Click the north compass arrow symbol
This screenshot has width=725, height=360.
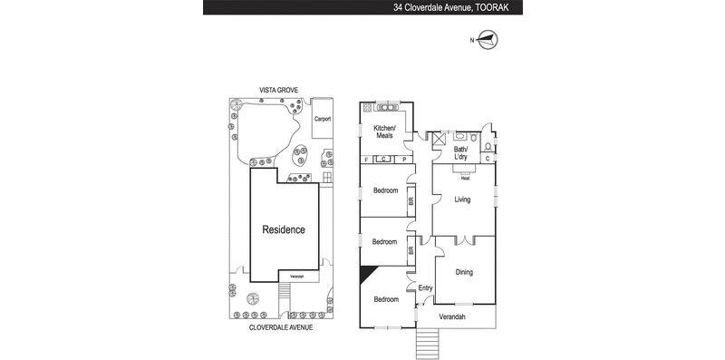(488, 39)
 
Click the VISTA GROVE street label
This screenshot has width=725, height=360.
(279, 90)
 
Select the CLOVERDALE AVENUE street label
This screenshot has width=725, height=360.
(281, 327)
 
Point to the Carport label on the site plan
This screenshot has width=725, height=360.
(322, 119)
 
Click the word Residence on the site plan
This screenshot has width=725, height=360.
(284, 229)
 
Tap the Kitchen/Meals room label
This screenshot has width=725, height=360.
(378, 132)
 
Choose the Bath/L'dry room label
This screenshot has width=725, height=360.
(460, 153)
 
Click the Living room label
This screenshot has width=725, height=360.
(462, 199)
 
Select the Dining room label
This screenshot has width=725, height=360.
(464, 271)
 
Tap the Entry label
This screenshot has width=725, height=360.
(425, 288)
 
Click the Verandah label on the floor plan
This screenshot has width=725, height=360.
(451, 316)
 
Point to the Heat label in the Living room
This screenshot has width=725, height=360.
(464, 178)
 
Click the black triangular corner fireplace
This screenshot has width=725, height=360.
(367, 274)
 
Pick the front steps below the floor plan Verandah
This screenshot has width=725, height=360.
(425, 344)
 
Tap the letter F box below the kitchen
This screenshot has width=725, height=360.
(366, 160)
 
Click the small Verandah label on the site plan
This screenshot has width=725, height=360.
(297, 277)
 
